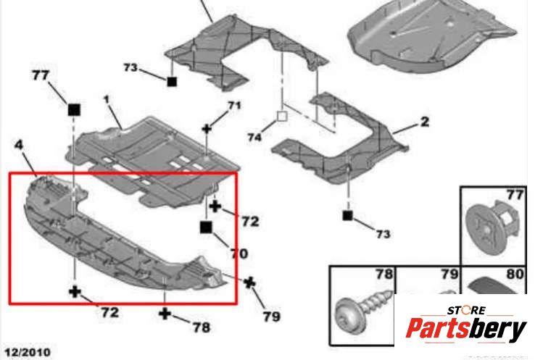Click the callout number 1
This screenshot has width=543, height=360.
click(107, 100)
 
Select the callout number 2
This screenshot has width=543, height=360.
click(425, 122)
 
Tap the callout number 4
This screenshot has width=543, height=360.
click(19, 145)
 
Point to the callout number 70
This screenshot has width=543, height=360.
click(239, 254)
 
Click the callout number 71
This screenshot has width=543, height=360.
click(234, 105)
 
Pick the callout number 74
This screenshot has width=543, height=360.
click(254, 138)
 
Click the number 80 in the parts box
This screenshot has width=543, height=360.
click(515, 274)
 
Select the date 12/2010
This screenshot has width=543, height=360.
click(28, 352)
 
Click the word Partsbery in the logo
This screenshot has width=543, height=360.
click(466, 329)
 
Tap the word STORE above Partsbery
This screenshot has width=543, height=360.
click(466, 310)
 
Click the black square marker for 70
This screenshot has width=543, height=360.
click(206, 227)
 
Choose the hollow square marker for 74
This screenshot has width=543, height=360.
click(282, 117)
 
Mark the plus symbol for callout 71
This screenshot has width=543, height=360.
click(207, 129)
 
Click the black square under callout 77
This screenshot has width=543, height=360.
click(74, 109)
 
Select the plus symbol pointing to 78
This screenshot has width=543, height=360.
click(165, 314)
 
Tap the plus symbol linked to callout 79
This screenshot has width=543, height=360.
click(249, 283)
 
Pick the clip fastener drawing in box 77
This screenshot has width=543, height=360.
click(492, 224)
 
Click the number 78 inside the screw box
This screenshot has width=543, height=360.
click(384, 274)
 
